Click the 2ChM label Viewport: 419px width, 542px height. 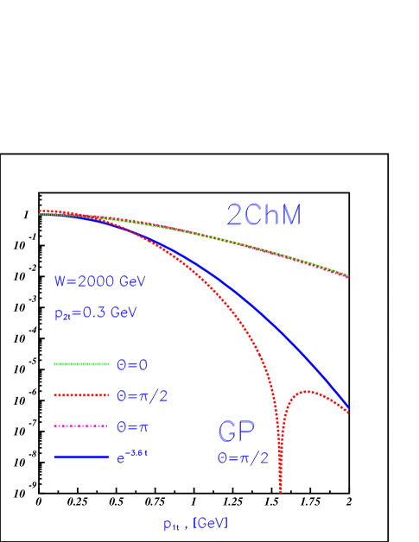pyautogui.click(x=263, y=215)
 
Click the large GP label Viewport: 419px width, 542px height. pyautogui.click(x=237, y=432)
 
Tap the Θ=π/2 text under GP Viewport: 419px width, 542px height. pyautogui.click(x=243, y=458)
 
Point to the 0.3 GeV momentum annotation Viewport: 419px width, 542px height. pyautogui.click(x=95, y=314)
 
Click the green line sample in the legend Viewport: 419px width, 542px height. pyautogui.click(x=81, y=364)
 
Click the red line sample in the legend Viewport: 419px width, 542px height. pyautogui.click(x=81, y=395)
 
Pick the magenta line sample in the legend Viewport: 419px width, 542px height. pyautogui.click(x=81, y=426)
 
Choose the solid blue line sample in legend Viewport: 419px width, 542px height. pyautogui.click(x=81, y=457)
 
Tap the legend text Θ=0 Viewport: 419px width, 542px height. pyautogui.click(x=132, y=364)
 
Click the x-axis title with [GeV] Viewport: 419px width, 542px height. pyautogui.click(x=195, y=523)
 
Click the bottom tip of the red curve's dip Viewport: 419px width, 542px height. pyautogui.click(x=280, y=491)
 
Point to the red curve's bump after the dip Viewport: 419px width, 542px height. pyautogui.click(x=306, y=392)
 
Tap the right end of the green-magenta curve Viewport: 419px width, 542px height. pyautogui.click(x=347, y=276)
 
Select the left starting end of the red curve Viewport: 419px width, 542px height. pyautogui.click(x=41, y=211)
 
